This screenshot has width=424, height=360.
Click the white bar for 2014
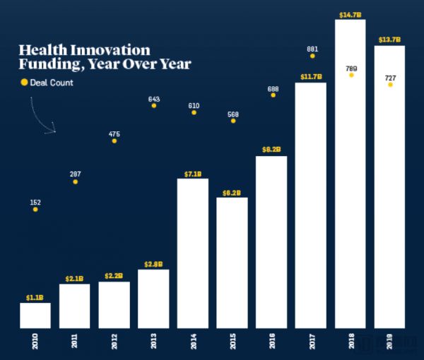[193, 253]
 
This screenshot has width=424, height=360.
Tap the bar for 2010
[35, 315]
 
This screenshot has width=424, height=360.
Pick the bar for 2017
[311, 205]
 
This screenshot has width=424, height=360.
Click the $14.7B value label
[351, 13]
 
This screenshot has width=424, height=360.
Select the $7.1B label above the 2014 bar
[193, 173]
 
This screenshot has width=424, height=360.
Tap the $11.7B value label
[311, 76]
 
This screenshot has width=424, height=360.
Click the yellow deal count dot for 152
[35, 210]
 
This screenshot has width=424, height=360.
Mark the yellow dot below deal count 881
[312, 56]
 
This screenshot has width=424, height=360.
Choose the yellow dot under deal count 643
[154, 106]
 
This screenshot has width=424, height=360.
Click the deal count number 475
[114, 133]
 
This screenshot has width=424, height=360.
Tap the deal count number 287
[75, 174]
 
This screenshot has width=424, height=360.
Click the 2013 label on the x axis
[153, 343]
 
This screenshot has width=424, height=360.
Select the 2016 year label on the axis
[272, 343]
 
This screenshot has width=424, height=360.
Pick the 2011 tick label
[74, 343]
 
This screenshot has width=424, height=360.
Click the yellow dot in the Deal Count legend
[23, 83]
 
